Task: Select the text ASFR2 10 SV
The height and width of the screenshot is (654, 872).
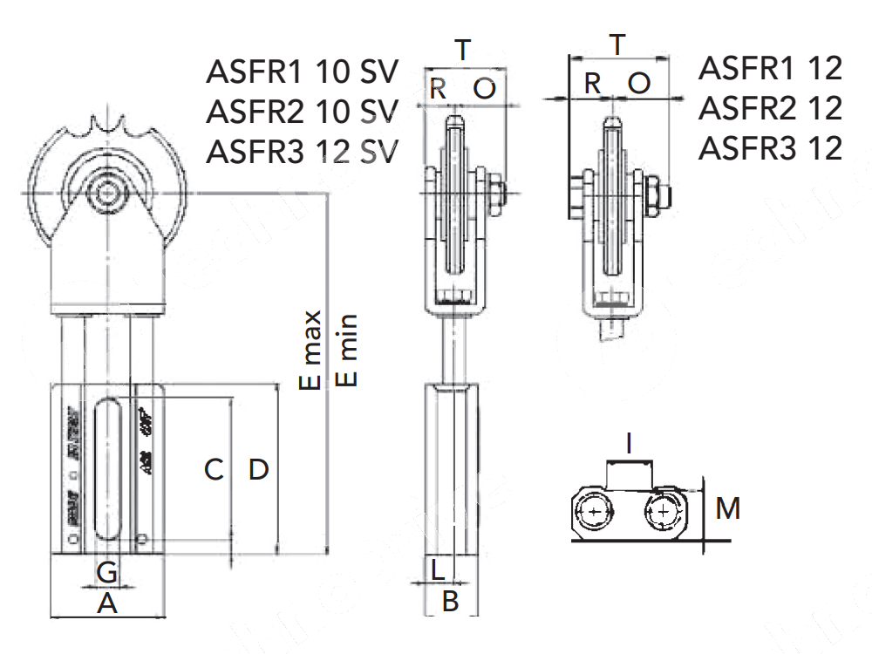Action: [x=302, y=112]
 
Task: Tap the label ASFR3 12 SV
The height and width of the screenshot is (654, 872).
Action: [x=302, y=152]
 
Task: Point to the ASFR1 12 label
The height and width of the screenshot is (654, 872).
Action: [x=771, y=68]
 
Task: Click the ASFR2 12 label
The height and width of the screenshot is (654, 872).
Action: [x=771, y=108]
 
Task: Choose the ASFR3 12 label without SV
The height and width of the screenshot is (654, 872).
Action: [x=771, y=148]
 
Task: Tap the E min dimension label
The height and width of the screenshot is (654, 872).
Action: [x=347, y=349]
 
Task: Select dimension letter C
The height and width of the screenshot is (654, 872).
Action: [x=215, y=470]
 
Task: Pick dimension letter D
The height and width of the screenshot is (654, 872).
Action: [x=258, y=470]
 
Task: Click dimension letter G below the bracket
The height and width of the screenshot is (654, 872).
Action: [x=107, y=573]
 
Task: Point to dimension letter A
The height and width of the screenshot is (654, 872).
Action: [x=106, y=603]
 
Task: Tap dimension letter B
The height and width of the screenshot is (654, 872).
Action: [x=450, y=601]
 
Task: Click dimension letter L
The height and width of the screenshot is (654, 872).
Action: [x=439, y=571]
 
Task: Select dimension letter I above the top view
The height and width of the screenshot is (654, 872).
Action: [x=630, y=446]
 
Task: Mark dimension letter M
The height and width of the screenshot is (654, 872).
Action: [x=728, y=508]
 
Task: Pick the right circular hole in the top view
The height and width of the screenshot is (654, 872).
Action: [x=664, y=512]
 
